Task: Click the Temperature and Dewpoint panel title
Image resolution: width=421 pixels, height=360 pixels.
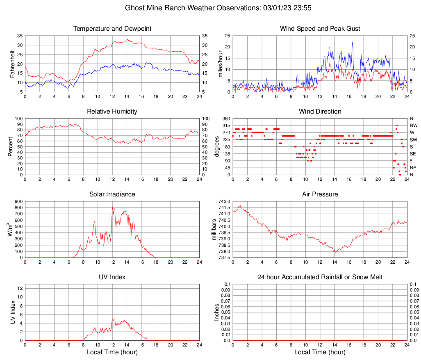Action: tap(112, 29)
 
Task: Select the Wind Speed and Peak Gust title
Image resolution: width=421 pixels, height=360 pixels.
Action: tap(320, 29)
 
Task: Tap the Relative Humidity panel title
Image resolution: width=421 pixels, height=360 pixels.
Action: tap(112, 112)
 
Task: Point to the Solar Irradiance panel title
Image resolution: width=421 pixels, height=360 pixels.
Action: tap(112, 194)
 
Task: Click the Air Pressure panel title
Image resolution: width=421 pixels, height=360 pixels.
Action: tap(320, 194)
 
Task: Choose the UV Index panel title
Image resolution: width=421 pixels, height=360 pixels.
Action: tap(112, 277)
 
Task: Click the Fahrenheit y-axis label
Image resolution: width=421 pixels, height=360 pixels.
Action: tap(12, 64)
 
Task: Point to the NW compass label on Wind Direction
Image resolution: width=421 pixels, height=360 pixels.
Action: tap(414, 125)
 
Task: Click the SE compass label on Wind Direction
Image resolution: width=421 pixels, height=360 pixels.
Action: tap(413, 154)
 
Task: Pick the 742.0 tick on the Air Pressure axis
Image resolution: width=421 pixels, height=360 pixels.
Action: tap(225, 201)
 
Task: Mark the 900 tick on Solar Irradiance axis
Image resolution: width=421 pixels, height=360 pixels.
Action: tap(18, 201)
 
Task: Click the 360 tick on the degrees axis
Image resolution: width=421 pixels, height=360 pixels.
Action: tap(225, 118)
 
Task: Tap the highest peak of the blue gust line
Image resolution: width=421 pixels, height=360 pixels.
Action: tap(352, 42)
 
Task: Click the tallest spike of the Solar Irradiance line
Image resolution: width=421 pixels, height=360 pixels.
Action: tap(112, 207)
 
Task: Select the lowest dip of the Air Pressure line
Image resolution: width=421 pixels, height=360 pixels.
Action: tap(335, 252)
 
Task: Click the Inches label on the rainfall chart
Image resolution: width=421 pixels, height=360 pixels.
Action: tap(217, 312)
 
